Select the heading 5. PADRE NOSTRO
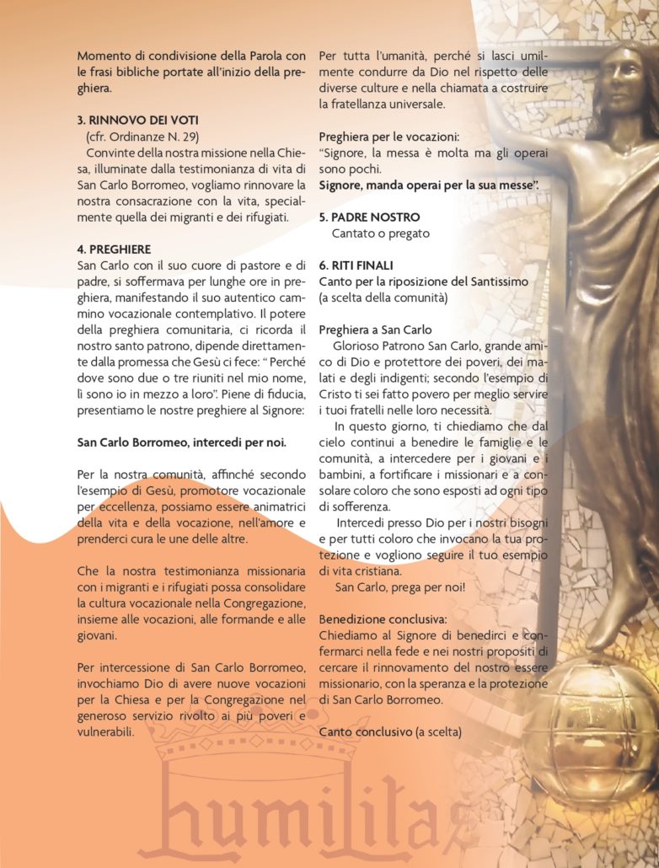369,217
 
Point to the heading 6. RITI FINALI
356,265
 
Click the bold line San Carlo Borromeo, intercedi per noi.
181,442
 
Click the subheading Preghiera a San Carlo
375,330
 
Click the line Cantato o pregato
380,233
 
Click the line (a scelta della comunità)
381,297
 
